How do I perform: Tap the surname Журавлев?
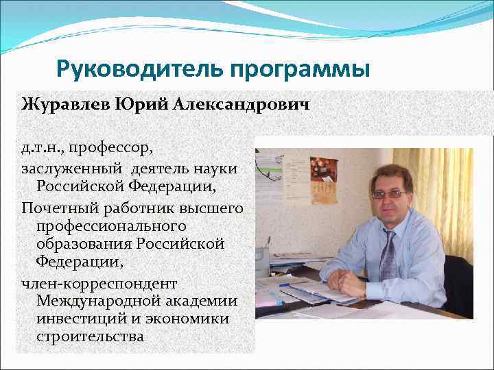[63, 105]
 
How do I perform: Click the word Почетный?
[56, 207]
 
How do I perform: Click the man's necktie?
[388, 257]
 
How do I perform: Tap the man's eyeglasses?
[388, 194]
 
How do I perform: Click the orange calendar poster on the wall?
[323, 171]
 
